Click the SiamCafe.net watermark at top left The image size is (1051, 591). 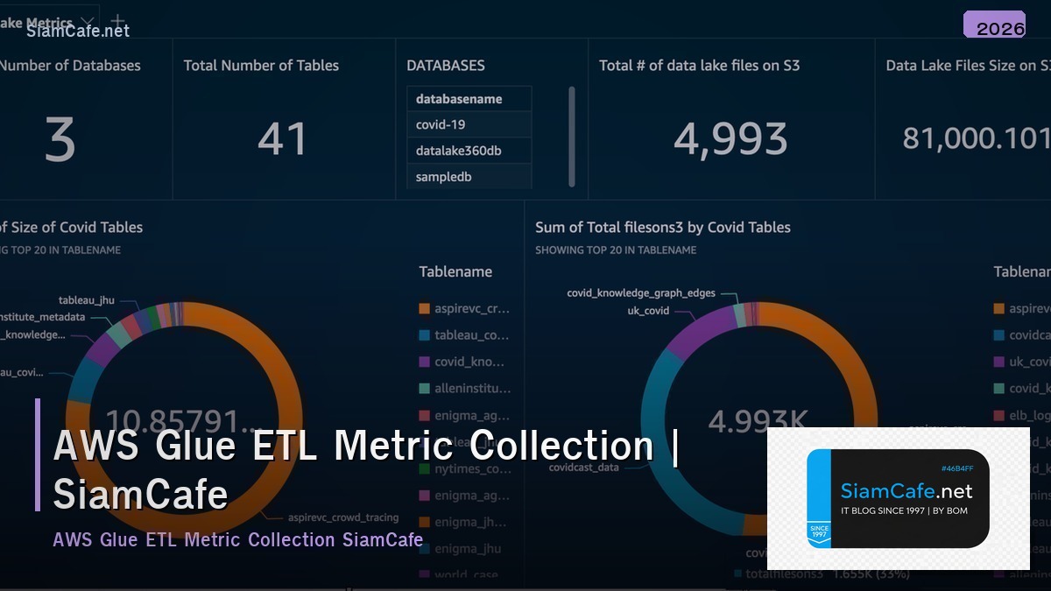pyautogui.click(x=78, y=32)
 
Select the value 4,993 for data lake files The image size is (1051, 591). pyautogui.click(x=730, y=139)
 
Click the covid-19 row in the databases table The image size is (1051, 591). pyautogui.click(x=441, y=124)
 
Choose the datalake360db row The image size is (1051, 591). pyautogui.click(x=458, y=151)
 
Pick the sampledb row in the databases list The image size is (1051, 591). pyautogui.click(x=443, y=177)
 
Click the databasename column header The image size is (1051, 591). pyautogui.click(x=459, y=99)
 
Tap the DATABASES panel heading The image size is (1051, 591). pyautogui.click(x=445, y=66)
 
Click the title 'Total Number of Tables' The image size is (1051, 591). pyautogui.click(x=261, y=66)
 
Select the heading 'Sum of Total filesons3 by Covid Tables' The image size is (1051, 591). pyautogui.click(x=662, y=228)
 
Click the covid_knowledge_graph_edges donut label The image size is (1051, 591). pyautogui.click(x=640, y=293)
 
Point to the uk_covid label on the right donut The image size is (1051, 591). pyautogui.click(x=647, y=311)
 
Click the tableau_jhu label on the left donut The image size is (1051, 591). pyautogui.click(x=87, y=300)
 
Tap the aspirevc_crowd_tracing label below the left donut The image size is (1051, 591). pyautogui.click(x=343, y=517)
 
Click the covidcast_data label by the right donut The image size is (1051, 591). pyautogui.click(x=583, y=468)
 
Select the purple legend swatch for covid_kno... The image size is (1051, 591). pyautogui.click(x=425, y=362)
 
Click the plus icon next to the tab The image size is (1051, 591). pyautogui.click(x=118, y=22)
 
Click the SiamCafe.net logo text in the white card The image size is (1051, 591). pyautogui.click(x=906, y=491)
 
